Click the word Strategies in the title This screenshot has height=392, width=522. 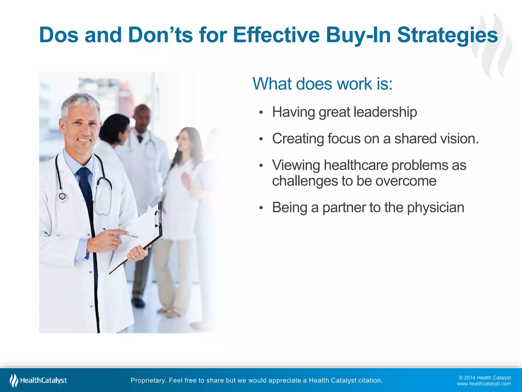[x=447, y=35]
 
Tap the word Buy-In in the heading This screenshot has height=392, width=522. [x=358, y=35]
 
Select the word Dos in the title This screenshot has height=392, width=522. [x=59, y=35]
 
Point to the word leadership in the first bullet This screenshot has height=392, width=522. [x=385, y=112]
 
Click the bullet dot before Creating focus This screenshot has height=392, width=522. [x=261, y=139]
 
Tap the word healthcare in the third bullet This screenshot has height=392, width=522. [x=356, y=165]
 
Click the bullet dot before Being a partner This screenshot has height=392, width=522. [x=261, y=208]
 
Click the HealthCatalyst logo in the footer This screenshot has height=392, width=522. [x=38, y=380]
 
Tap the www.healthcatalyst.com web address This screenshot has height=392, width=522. [x=484, y=384]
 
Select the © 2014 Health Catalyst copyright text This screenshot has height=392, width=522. [x=485, y=378]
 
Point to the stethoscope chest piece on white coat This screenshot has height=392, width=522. [x=62, y=197]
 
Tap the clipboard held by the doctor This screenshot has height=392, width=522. [x=143, y=237]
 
